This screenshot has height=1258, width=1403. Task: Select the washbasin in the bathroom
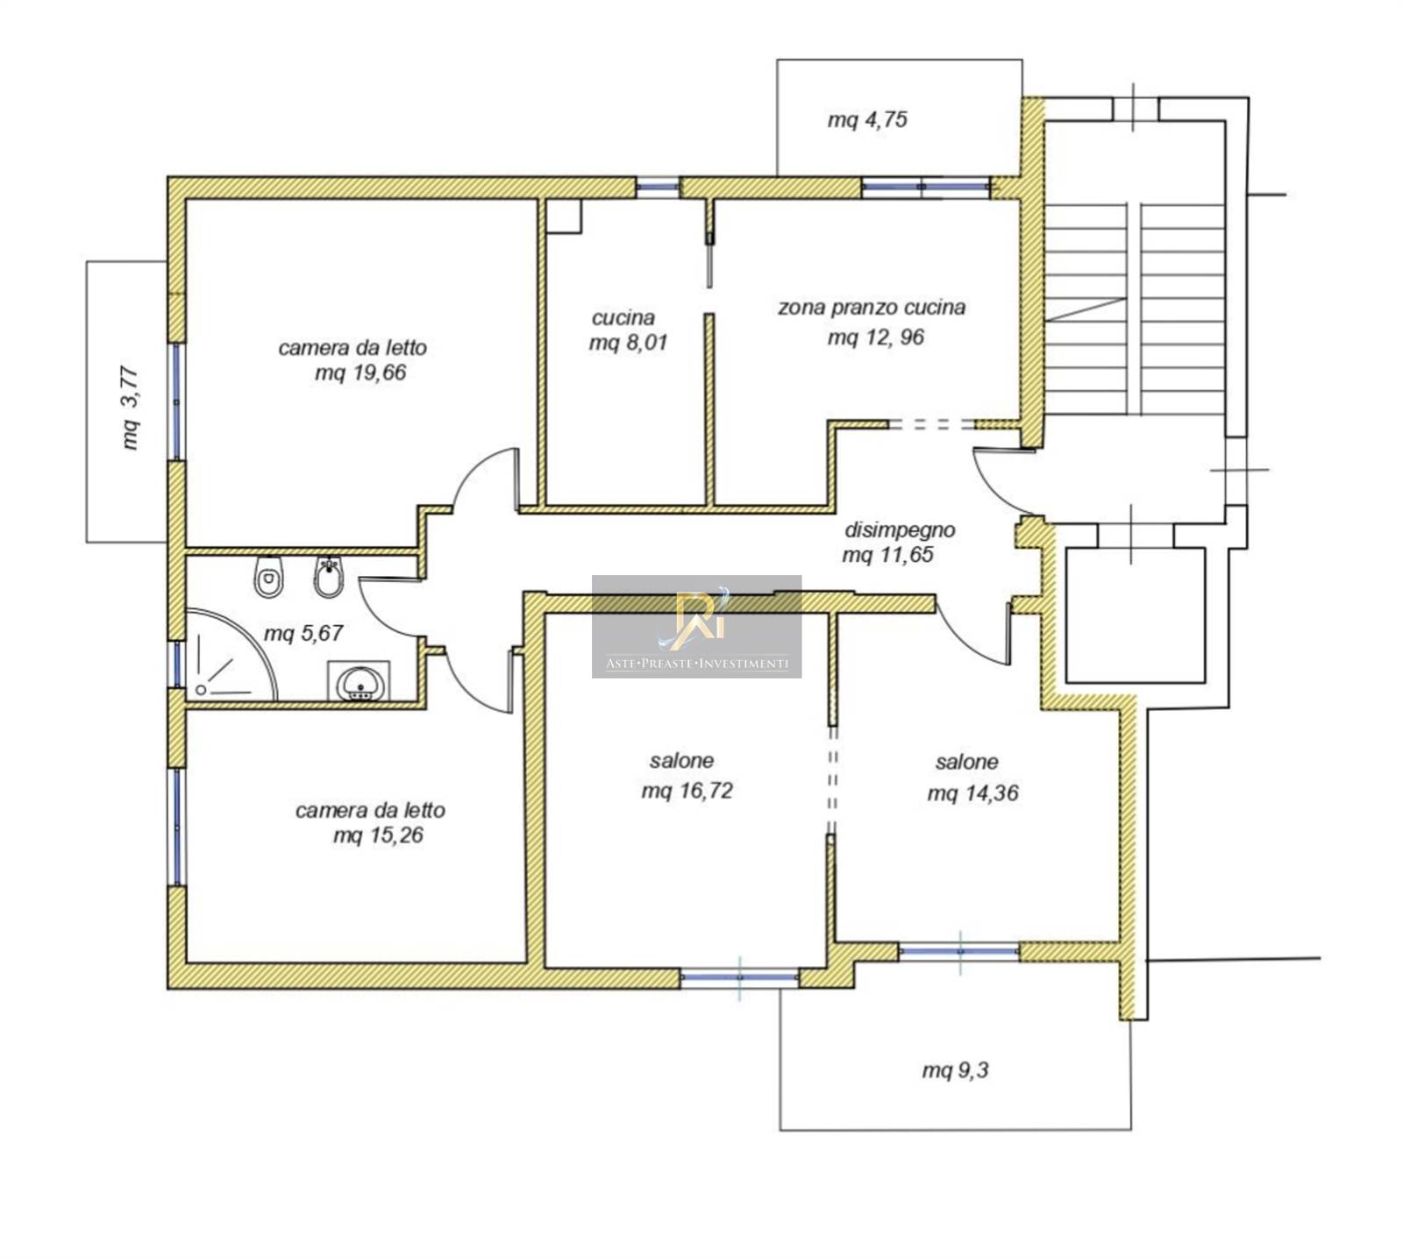point(360,681)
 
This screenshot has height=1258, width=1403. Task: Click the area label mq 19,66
point(360,373)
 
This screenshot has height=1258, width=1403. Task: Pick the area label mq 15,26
point(378,835)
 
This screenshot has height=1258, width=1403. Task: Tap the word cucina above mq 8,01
point(623,317)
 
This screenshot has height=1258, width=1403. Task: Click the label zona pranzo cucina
point(872,308)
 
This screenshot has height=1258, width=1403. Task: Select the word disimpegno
point(900,530)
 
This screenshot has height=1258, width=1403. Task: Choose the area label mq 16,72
point(687,791)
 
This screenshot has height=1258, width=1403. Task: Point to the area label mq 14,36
point(972,793)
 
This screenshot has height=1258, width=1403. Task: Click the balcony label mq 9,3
point(955,1070)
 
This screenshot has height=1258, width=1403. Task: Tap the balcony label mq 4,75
point(867,119)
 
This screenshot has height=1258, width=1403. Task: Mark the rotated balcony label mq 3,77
point(130,408)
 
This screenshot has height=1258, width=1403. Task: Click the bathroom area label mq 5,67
point(303,633)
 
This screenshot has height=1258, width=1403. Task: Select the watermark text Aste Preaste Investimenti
point(697,664)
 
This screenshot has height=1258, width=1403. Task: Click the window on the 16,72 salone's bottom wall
point(739,977)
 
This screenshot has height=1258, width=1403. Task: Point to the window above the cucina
point(658,187)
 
